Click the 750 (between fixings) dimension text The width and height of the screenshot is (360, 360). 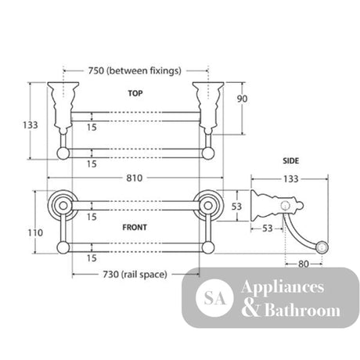click(x=135, y=70)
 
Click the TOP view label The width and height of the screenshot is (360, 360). click(x=135, y=93)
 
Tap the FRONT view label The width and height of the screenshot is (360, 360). click(x=135, y=227)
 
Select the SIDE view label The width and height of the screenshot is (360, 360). click(x=290, y=160)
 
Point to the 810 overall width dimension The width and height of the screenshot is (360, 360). click(x=135, y=178)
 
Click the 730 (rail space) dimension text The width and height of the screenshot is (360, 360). click(x=135, y=275)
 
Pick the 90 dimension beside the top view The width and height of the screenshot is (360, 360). click(x=242, y=99)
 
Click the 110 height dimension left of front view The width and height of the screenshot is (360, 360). click(x=35, y=232)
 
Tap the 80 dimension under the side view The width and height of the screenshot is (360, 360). click(x=304, y=264)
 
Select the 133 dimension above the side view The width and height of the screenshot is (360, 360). click(x=290, y=179)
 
